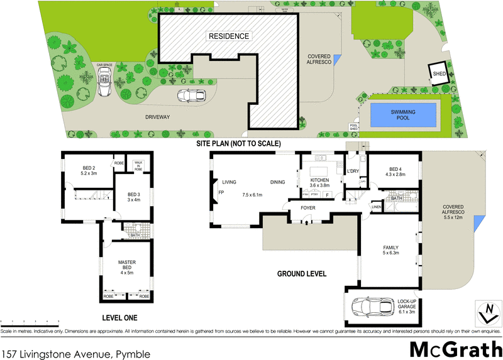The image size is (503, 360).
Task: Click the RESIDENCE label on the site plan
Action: [x=229, y=36]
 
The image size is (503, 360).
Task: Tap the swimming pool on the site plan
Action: [x=404, y=114]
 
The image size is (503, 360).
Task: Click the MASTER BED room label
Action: [x=128, y=265]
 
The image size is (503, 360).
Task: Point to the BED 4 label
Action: [x=394, y=170]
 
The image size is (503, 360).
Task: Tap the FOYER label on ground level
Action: [x=307, y=207]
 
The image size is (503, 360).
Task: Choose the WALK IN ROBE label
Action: [x=138, y=165]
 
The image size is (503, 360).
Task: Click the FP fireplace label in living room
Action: [x=221, y=192]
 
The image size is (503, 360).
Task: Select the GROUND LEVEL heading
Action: [x=302, y=274]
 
